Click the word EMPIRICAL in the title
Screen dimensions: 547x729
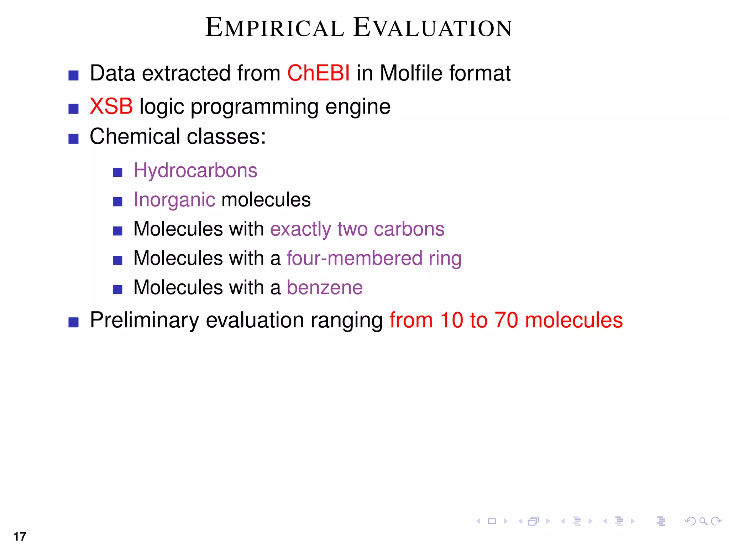[275, 28]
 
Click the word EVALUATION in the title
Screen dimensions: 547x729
[432, 28]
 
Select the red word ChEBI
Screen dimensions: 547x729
[318, 73]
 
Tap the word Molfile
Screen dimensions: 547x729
[411, 73]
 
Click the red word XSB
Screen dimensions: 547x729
[111, 106]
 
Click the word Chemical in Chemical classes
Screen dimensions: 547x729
[135, 136]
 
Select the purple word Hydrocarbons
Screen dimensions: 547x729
[195, 171]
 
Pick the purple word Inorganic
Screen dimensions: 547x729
[174, 200]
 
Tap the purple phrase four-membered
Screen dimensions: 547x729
[354, 258]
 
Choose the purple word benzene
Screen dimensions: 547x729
[325, 287]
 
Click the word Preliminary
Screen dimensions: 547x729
[144, 320]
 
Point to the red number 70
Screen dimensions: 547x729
[506, 320]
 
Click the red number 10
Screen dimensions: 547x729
[451, 320]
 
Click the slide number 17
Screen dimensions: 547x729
[20, 536]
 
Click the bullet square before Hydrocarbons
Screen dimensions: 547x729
[118, 173]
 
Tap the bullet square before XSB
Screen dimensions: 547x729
[73, 109]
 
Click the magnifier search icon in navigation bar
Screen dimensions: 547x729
[703, 521]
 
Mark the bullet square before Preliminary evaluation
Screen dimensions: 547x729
[73, 322]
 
